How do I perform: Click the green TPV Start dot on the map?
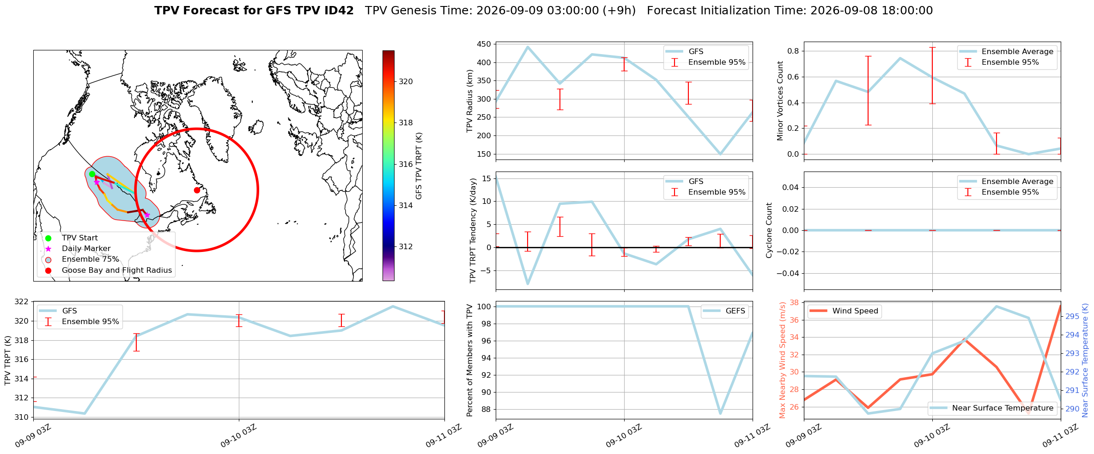click(x=92, y=174)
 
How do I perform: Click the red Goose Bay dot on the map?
click(x=197, y=190)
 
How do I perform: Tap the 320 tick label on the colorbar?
click(x=406, y=81)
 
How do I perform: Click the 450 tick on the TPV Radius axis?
click(x=484, y=44)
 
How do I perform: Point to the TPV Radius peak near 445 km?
click(x=528, y=47)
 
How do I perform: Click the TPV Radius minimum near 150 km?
click(x=720, y=154)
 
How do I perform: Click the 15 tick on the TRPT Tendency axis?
click(x=486, y=178)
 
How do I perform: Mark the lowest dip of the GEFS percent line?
click(x=720, y=413)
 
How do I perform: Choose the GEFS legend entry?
click(x=725, y=311)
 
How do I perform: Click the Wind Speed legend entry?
click(x=845, y=311)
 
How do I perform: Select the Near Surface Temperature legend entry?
click(x=991, y=408)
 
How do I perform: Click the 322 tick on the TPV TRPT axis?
click(x=22, y=302)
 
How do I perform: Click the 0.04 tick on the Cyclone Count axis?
click(x=791, y=187)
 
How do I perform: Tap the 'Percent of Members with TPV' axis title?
click(x=470, y=360)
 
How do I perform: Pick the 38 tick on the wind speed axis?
click(x=795, y=302)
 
